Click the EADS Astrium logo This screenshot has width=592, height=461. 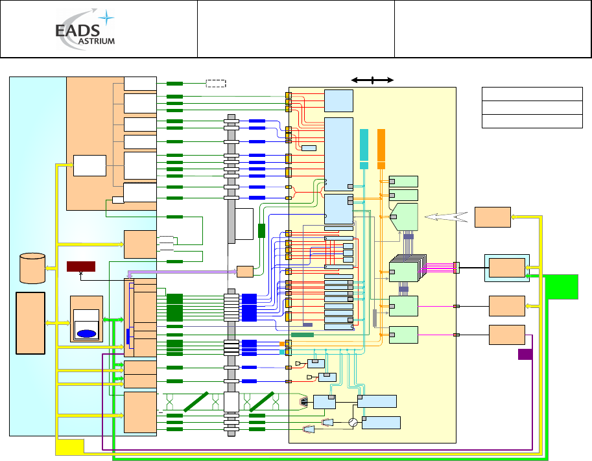coord(86,29)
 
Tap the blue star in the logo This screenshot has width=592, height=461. coord(106,18)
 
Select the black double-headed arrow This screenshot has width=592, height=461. coord(372,80)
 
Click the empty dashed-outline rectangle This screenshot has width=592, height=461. coord(216,84)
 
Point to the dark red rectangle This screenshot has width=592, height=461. coord(81,266)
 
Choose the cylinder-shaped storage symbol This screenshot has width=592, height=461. coord(32,268)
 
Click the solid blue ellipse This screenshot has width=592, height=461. coord(86,334)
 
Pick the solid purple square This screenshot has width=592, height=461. coord(525,354)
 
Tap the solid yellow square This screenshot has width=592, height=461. coord(69,447)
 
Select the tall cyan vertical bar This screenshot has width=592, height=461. coord(364,148)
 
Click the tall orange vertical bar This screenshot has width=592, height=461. coord(381,148)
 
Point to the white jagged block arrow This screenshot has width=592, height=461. coord(446,217)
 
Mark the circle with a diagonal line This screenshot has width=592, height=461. coord(353,422)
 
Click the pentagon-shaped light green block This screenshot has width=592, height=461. coord(403,217)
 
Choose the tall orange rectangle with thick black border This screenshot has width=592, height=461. coord(30,323)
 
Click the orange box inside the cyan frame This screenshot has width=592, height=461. coord(507,268)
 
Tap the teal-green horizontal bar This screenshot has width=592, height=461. coord(302,335)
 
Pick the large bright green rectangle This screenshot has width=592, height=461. coord(563,287)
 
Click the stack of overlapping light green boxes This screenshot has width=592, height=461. coord(408,268)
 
